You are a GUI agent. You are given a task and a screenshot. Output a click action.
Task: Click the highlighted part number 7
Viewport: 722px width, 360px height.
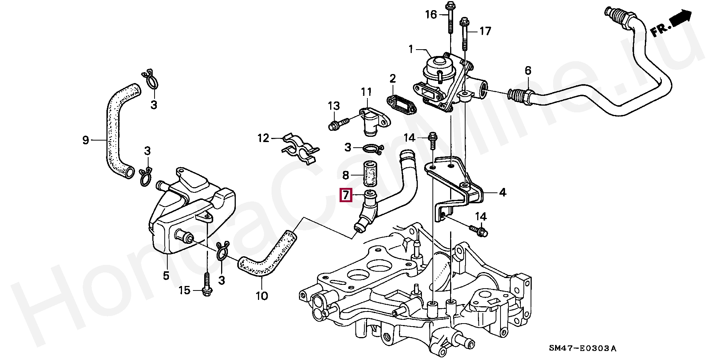click(x=346, y=195)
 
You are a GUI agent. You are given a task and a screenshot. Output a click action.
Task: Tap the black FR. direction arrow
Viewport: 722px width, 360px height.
click(x=680, y=19)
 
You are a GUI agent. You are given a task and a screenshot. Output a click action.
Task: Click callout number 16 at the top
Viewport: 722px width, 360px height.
click(x=431, y=15)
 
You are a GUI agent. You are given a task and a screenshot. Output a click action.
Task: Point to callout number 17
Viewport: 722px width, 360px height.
click(x=485, y=31)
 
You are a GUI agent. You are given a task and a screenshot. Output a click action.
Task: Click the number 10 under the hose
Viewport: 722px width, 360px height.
click(x=262, y=296)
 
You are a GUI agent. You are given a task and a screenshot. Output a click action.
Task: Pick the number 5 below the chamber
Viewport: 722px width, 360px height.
click(x=166, y=275)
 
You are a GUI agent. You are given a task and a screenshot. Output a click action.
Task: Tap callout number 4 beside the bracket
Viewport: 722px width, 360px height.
click(x=502, y=193)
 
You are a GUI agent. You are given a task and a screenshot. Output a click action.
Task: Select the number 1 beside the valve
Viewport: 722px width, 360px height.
click(x=411, y=49)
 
